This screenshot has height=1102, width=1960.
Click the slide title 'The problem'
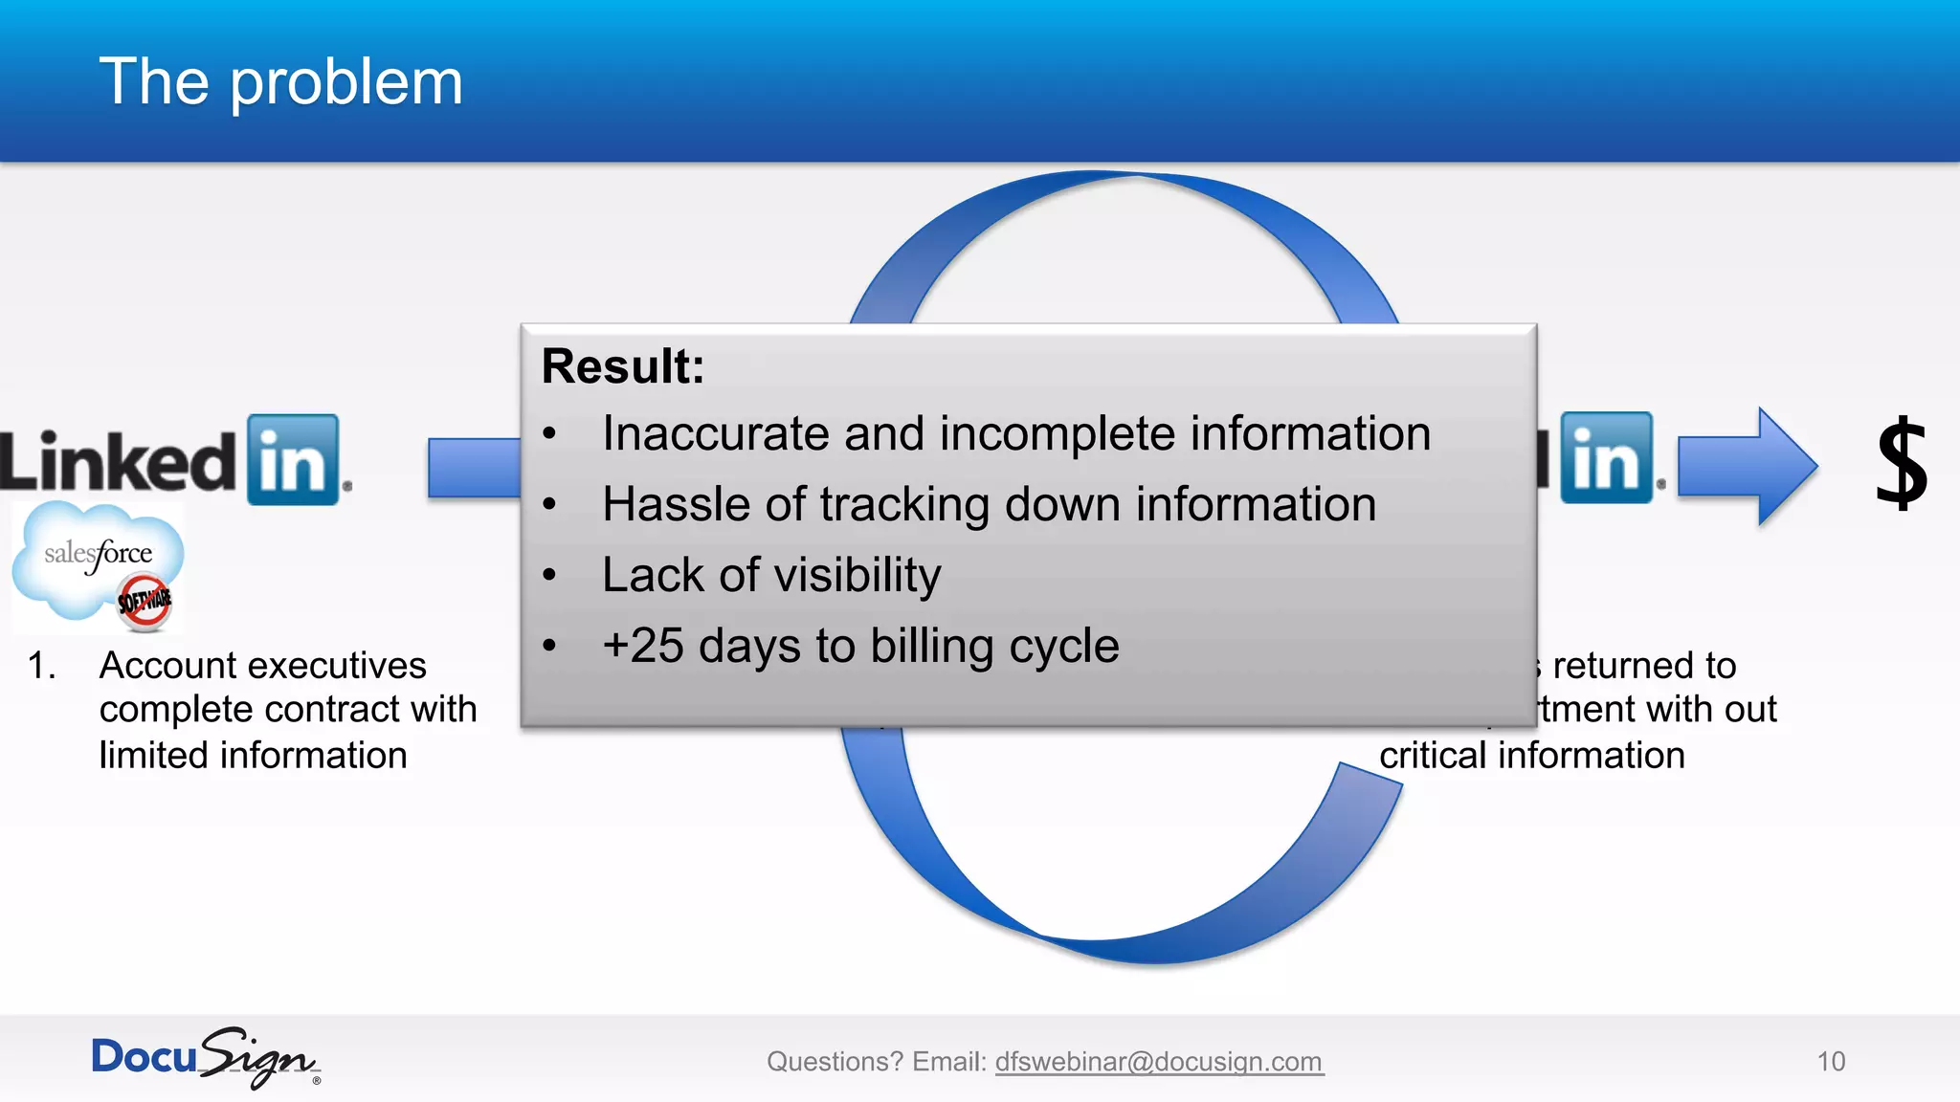point(280,82)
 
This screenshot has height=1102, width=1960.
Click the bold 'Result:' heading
point(622,366)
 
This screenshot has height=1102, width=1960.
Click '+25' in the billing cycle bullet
point(642,646)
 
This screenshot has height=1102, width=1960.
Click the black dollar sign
point(1901,464)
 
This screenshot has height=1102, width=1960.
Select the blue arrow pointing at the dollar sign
point(1748,466)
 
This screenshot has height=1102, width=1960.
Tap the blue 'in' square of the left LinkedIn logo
point(293,460)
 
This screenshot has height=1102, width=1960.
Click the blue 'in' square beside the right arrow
point(1607,458)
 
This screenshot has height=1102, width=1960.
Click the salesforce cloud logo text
point(98,554)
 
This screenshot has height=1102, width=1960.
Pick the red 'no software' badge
point(145,602)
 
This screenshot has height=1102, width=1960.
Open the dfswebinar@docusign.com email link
point(1158,1062)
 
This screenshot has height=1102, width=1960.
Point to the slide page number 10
point(1830,1062)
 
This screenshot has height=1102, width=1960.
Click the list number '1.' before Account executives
point(41,666)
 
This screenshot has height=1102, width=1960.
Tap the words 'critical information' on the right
point(1531,756)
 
